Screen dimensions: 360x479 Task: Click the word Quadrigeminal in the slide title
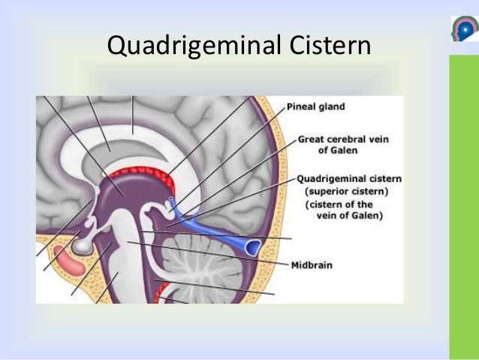pyautogui.click(x=188, y=47)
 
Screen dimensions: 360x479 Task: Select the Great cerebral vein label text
pyautogui.click(x=348, y=139)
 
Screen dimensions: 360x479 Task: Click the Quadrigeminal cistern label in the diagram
pyautogui.click(x=349, y=179)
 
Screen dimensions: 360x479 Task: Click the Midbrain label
pyautogui.click(x=312, y=265)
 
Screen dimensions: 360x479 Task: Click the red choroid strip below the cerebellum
pyautogui.click(x=164, y=289)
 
